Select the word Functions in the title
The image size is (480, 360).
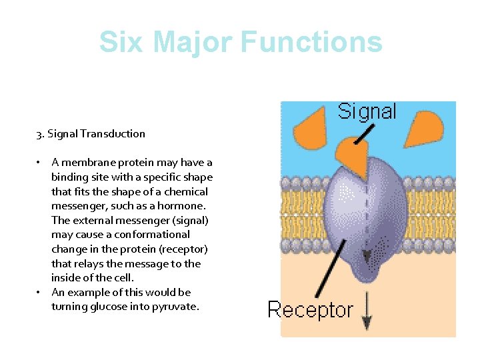click(x=311, y=42)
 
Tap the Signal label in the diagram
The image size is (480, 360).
click(x=367, y=111)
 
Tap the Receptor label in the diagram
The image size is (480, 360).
click(x=310, y=309)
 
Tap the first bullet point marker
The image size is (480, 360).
click(x=40, y=163)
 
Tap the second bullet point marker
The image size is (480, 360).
click(x=40, y=293)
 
